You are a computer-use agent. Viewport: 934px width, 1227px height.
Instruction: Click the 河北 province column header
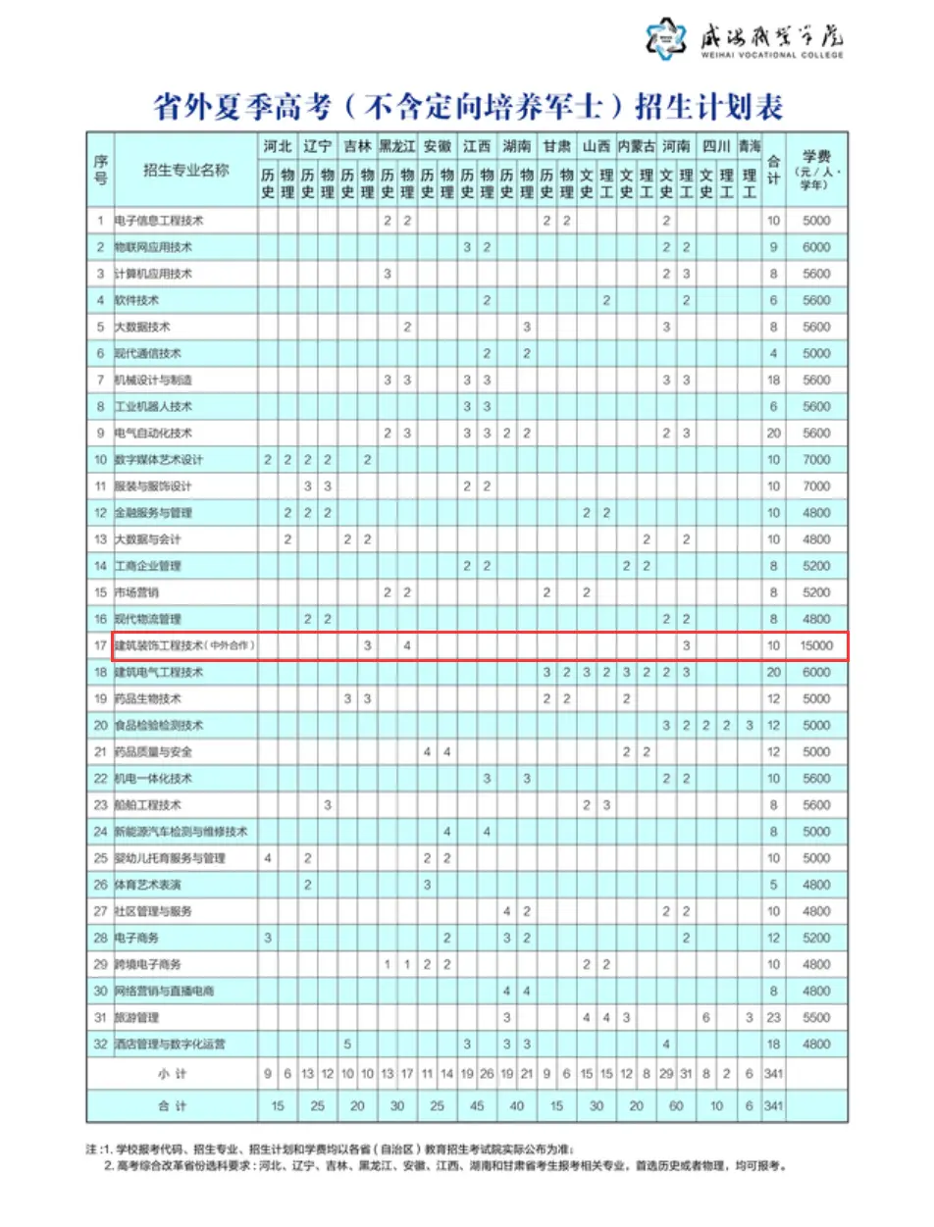pyautogui.click(x=278, y=146)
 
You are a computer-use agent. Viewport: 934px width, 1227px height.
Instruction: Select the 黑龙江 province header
pyautogui.click(x=397, y=146)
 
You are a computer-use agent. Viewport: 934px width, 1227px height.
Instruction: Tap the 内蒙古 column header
pyautogui.click(x=637, y=146)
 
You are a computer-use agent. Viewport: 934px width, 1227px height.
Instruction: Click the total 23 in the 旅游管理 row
pyautogui.click(x=774, y=1017)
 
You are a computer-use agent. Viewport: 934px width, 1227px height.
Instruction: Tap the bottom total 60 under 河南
pyautogui.click(x=677, y=1106)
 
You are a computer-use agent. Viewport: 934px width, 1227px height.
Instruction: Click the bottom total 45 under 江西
pyautogui.click(x=478, y=1106)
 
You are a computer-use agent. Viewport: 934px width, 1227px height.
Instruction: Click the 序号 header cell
pyautogui.click(x=100, y=169)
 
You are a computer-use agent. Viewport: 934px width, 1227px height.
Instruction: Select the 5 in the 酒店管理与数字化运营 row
pyautogui.click(x=348, y=1044)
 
